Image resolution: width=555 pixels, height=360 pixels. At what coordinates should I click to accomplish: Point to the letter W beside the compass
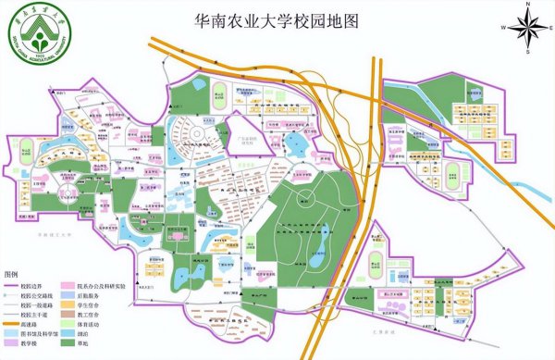point(504,27)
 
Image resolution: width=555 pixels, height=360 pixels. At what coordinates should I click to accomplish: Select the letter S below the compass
point(525,49)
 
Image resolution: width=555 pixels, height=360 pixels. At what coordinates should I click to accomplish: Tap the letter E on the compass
point(548,27)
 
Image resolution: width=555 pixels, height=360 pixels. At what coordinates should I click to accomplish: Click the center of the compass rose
point(525,27)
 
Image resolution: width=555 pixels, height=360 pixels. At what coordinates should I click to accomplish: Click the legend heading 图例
point(11,276)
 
